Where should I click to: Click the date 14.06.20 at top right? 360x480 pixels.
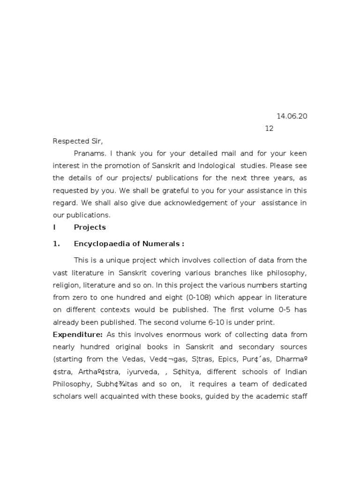click(292, 116)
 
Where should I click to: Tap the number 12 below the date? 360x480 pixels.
click(269, 128)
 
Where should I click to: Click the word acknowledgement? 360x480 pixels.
click(202, 203)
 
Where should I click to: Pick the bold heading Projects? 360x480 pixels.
click(90, 227)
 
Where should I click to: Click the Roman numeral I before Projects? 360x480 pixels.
click(54, 227)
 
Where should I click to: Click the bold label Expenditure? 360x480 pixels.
click(78, 334)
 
